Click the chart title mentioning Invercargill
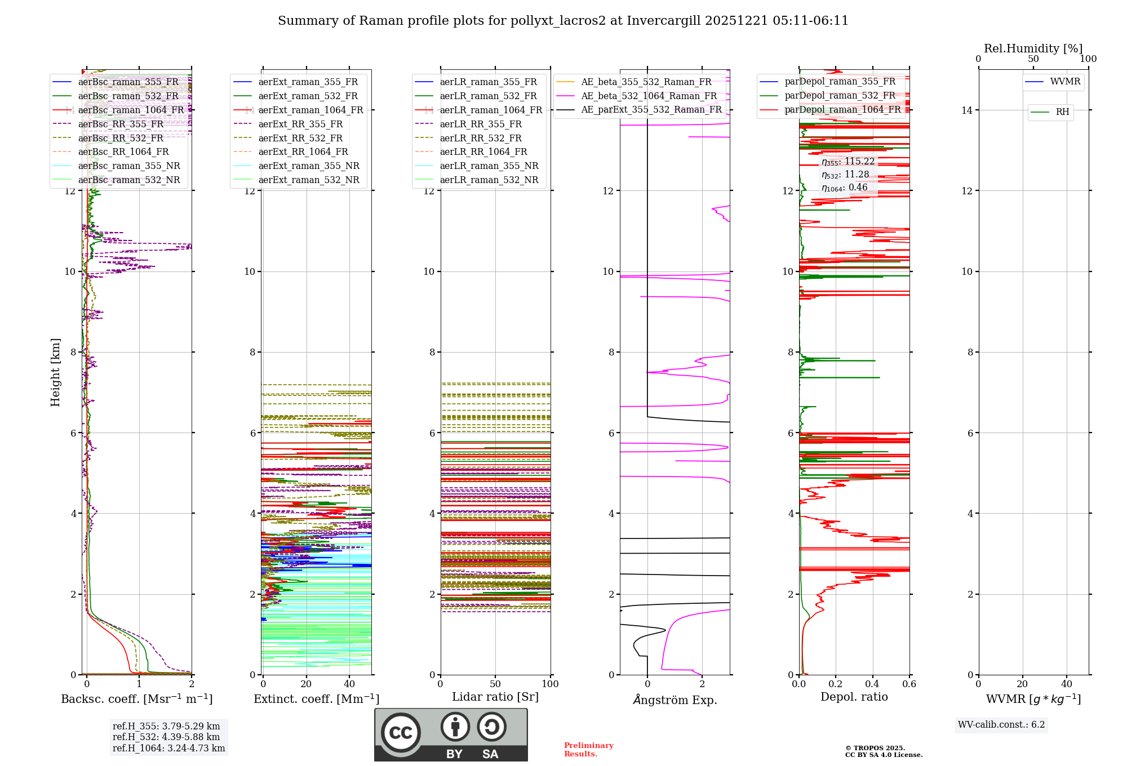[563, 21]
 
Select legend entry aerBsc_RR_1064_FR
[123, 152]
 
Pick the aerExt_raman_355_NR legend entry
[308, 166]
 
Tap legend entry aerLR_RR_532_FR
[481, 138]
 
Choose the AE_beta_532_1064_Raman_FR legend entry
[649, 96]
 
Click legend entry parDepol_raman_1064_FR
[842, 110]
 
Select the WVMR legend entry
[1064, 82]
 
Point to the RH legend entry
[1062, 112]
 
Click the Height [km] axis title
[55, 372]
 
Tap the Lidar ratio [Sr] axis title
[495, 697]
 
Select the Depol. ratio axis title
[854, 697]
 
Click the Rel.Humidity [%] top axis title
[1033, 48]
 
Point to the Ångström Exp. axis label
[675, 700]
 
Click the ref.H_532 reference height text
[166, 737]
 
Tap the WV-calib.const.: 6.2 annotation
[1001, 725]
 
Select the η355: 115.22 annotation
[848, 162]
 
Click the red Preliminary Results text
[588, 750]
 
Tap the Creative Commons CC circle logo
[401, 732]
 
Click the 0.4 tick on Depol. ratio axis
[872, 684]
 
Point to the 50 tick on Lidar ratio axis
[495, 684]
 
